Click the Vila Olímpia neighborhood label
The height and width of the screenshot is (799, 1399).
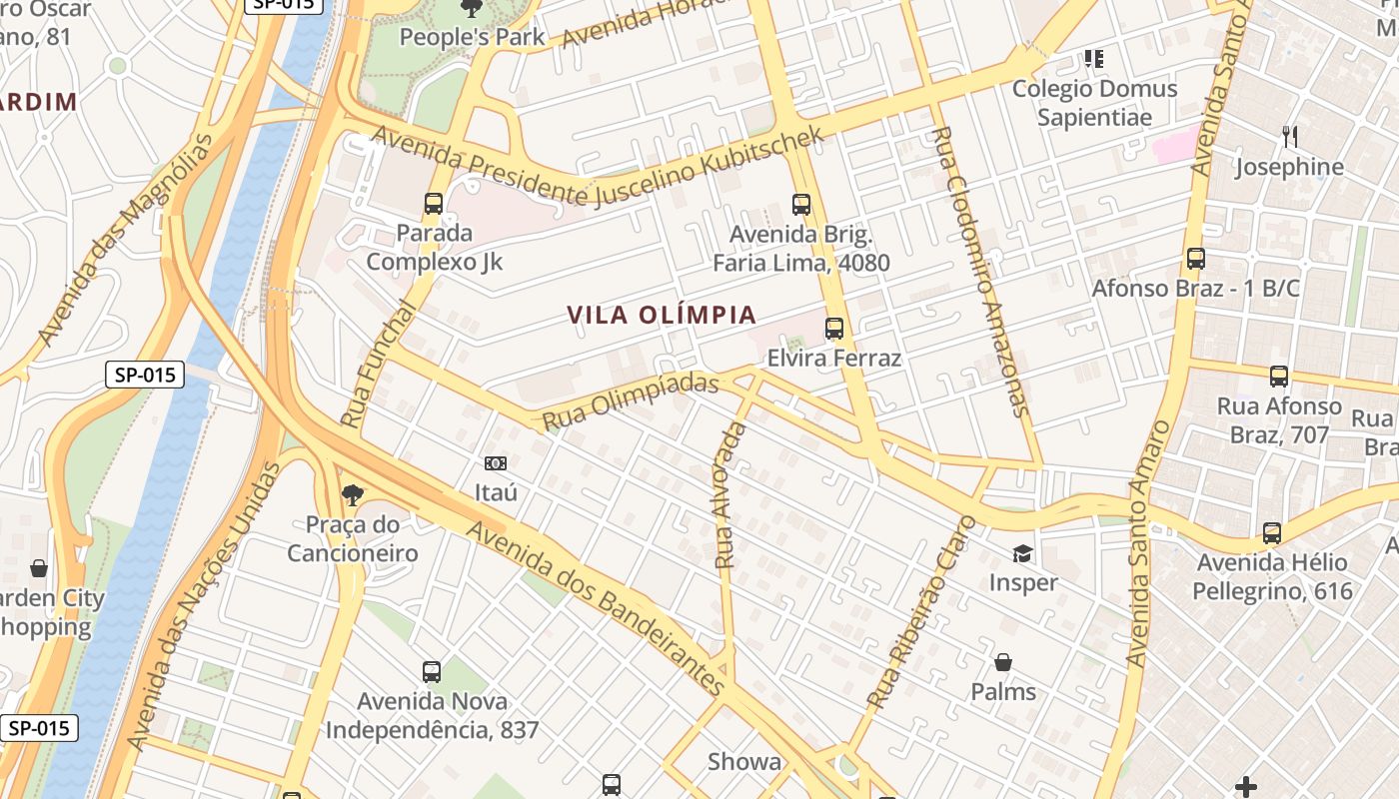(662, 316)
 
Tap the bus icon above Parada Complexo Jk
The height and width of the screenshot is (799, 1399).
(434, 204)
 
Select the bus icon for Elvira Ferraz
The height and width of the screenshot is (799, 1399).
(834, 328)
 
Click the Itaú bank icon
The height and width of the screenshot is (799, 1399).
(496, 462)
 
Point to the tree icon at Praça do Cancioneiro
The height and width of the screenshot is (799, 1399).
(352, 493)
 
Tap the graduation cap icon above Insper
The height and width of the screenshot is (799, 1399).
(1022, 553)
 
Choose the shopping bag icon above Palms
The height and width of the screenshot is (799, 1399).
(1003, 662)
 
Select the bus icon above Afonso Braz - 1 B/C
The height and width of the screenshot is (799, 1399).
(1196, 259)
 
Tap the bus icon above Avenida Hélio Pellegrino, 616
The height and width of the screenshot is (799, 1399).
(1272, 533)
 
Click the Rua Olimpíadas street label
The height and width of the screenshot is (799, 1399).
(631, 402)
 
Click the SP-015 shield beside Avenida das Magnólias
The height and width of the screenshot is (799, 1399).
(145, 376)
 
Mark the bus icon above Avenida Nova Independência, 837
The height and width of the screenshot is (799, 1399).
(432, 672)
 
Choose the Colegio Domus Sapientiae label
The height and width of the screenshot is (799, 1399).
(1094, 103)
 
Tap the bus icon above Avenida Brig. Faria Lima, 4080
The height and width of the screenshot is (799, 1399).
(801, 205)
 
